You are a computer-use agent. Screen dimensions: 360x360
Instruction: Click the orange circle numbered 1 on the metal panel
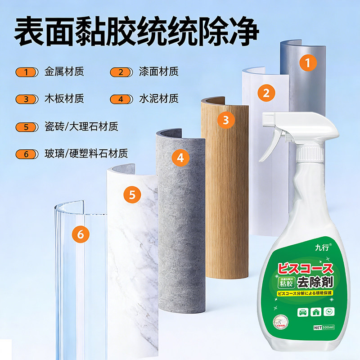[308, 63]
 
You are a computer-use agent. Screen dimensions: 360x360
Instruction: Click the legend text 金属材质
[64, 71]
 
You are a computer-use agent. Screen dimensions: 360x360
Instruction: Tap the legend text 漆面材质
[159, 71]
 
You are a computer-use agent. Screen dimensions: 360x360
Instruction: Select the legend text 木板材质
[64, 99]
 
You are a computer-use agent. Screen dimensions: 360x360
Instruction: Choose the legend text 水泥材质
[159, 99]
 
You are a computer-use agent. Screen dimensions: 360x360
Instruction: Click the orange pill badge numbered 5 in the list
[27, 127]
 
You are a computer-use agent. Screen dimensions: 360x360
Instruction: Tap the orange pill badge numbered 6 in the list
[27, 154]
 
